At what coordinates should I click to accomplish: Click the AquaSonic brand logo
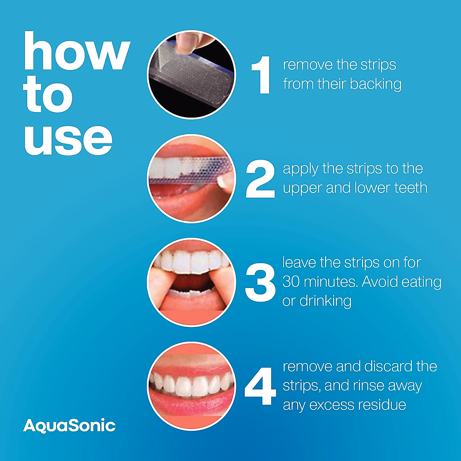[x=69, y=426]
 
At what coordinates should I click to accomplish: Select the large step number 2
[x=260, y=179]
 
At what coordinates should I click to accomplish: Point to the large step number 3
[x=260, y=282]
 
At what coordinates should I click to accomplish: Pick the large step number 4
[x=260, y=386]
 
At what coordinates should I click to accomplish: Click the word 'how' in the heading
[x=76, y=51]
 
